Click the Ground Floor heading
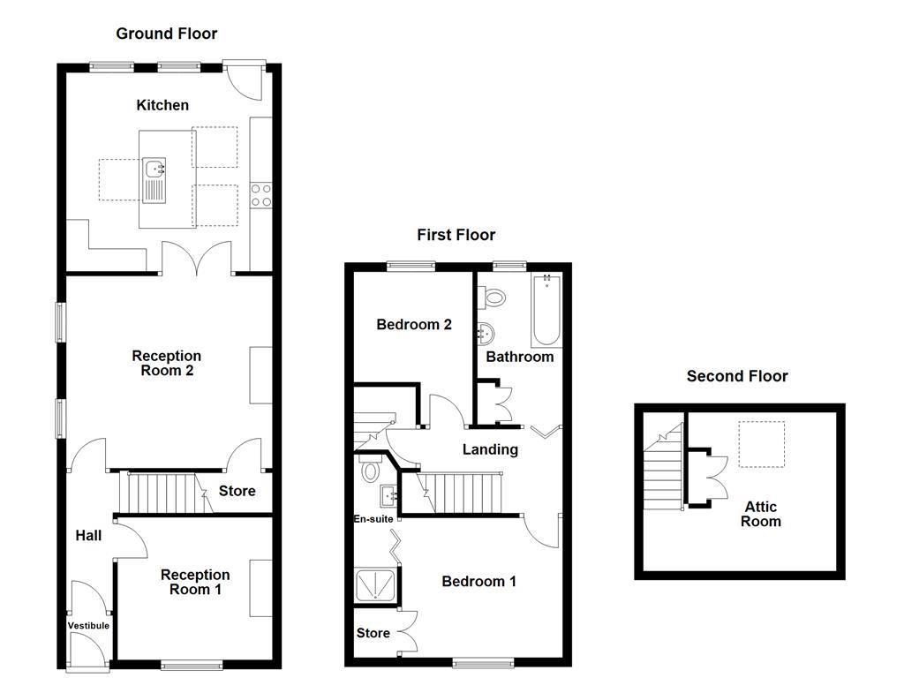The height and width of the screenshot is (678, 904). (166, 34)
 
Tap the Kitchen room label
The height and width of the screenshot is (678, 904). (162, 105)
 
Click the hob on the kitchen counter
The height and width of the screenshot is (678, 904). (260, 193)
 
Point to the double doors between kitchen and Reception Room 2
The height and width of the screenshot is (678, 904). (197, 260)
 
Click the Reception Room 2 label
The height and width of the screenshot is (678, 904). (167, 363)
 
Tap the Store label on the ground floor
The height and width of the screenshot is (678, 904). (237, 491)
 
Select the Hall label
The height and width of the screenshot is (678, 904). (88, 535)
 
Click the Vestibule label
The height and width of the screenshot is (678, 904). (88, 626)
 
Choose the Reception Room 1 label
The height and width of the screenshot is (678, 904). (195, 582)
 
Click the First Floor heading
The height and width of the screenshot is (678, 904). (456, 235)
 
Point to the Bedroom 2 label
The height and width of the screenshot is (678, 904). (414, 325)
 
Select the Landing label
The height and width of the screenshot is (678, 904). (490, 449)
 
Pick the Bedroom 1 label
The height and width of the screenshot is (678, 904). (478, 581)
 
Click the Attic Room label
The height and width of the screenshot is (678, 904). (761, 514)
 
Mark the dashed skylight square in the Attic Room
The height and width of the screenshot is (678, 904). (761, 444)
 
